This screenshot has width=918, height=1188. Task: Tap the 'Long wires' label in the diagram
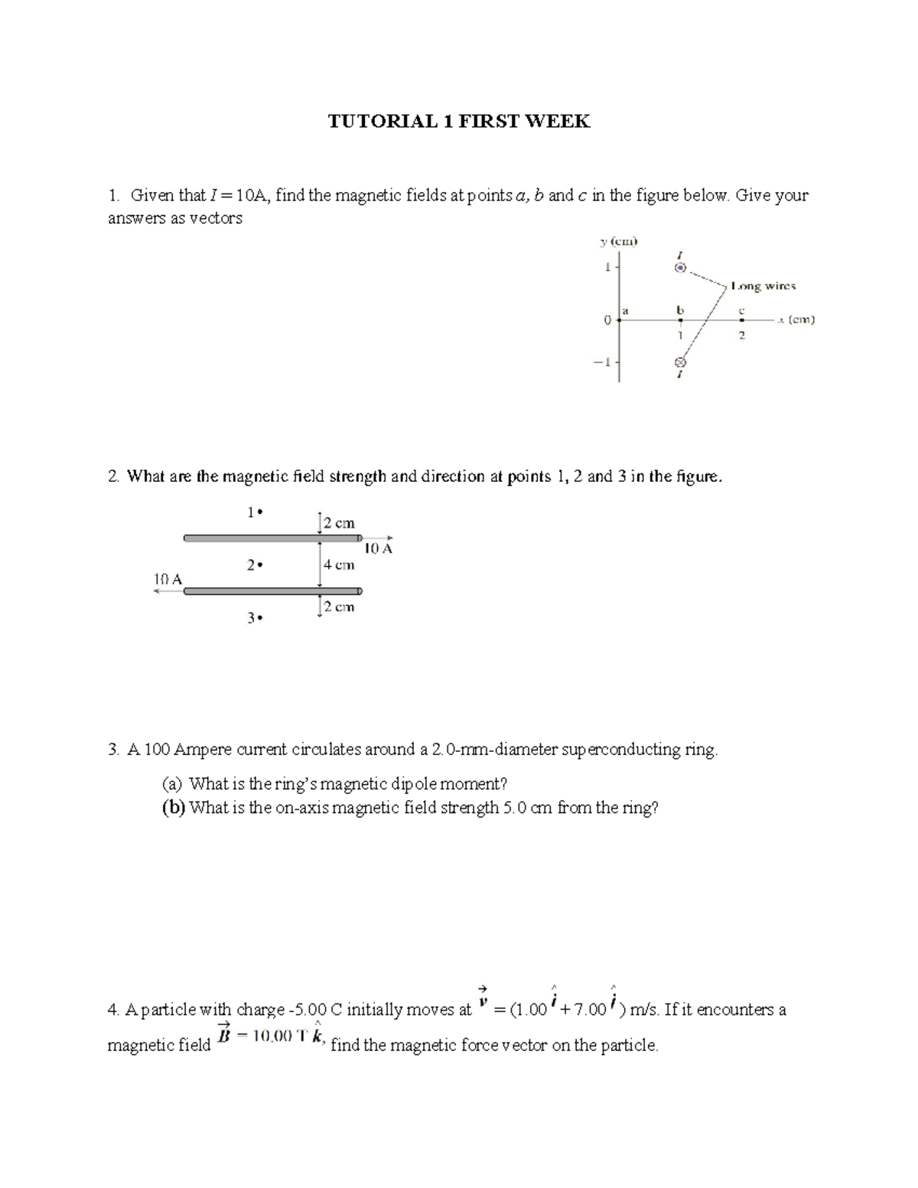763,286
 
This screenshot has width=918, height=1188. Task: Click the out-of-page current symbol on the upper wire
680,269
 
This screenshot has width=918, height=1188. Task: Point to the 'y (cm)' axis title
618,242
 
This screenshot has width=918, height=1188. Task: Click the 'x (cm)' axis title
796,320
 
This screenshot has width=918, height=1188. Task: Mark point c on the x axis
741,321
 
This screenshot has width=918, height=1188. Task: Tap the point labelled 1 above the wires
259,513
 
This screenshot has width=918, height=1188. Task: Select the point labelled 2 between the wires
259,565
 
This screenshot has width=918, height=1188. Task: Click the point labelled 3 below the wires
259,618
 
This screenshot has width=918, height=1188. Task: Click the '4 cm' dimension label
339,565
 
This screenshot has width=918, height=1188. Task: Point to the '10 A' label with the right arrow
378,548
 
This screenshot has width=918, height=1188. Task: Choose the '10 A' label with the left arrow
168,579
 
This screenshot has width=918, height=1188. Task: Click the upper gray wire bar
272,539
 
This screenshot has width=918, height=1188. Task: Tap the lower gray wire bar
272,591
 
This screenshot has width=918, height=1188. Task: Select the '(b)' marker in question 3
173,808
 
